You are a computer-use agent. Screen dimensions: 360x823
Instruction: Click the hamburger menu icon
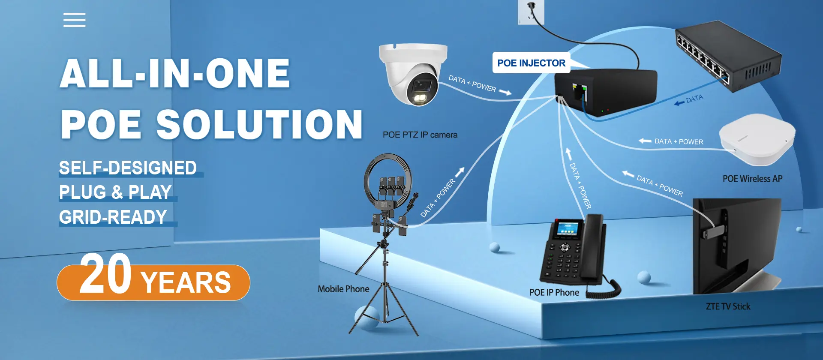(75, 20)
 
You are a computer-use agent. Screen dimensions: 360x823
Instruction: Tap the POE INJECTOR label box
(531, 63)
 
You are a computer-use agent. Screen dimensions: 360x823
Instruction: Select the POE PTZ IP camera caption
(420, 135)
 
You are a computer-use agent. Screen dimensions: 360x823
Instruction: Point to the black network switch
(729, 55)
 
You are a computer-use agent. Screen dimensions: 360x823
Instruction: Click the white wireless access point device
(757, 139)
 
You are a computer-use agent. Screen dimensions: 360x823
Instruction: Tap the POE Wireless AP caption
(752, 179)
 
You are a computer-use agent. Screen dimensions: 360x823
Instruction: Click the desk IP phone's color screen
(567, 229)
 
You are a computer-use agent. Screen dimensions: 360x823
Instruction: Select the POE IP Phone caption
(554, 292)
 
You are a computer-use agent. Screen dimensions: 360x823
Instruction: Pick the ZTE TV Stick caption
(728, 306)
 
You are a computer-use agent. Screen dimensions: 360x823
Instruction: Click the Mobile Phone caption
(343, 289)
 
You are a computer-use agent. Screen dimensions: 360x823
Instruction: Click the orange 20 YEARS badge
(153, 282)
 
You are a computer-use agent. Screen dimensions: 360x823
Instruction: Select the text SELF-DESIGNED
(128, 168)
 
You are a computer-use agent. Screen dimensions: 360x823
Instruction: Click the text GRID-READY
(113, 217)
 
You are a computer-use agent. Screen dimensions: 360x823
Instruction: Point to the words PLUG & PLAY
(115, 192)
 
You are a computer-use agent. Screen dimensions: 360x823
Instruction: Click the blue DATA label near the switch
(694, 99)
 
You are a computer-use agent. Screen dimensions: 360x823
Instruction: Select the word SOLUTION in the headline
(259, 124)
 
